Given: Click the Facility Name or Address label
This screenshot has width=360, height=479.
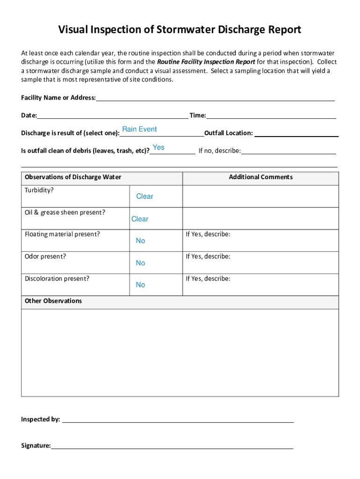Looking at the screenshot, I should point(58,98).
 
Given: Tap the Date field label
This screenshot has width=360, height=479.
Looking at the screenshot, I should point(29,116).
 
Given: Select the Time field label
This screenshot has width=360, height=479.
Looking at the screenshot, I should point(197,116).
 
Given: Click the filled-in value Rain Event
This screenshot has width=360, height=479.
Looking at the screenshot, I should point(139,129).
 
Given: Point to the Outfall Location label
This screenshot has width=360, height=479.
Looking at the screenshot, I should point(228,133).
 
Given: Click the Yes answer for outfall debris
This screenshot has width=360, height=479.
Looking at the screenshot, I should point(158,147).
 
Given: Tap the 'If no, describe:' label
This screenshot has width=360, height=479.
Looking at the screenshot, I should point(219,151).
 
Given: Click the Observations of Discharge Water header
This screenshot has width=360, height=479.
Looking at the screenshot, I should point(73,177).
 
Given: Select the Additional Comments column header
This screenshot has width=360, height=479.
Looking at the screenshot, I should point(260,177).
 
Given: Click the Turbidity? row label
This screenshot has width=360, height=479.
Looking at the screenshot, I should point(39,190).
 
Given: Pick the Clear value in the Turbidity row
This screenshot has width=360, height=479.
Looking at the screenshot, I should point(144,196).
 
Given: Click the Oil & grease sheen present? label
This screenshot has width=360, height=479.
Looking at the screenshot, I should point(65,212).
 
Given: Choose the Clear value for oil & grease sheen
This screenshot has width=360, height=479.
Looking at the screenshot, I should point(140,219).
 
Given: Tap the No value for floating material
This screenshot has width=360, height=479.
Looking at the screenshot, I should point(140,241).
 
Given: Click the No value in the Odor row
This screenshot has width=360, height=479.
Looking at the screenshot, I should point(140,263).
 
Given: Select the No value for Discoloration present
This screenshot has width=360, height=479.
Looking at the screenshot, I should point(140,285).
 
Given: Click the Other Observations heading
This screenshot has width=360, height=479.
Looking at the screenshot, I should point(53,301).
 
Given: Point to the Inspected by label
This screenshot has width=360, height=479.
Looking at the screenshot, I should point(41,419).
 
